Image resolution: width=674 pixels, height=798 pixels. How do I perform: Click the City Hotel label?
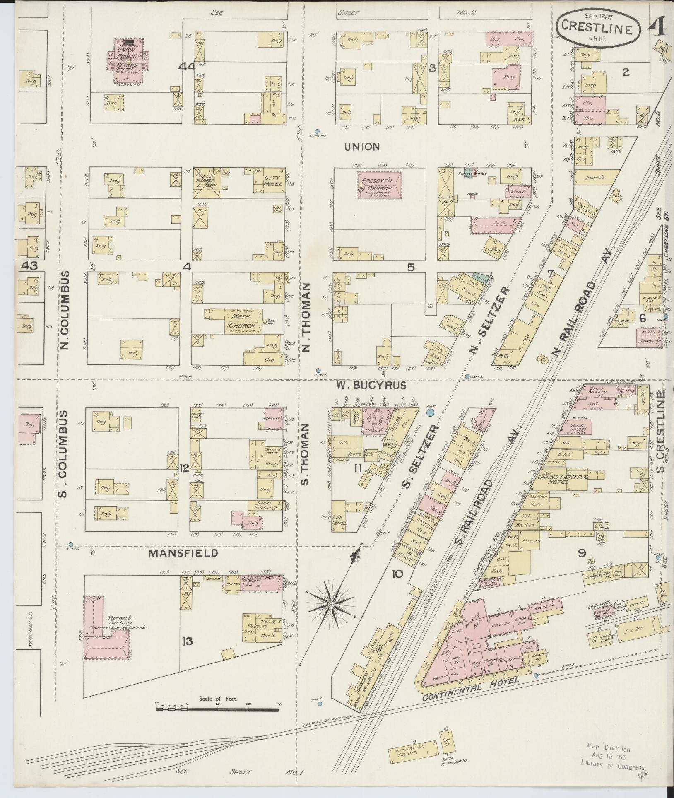(x=272, y=181)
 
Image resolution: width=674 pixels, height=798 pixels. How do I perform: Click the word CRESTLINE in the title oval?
(x=596, y=30)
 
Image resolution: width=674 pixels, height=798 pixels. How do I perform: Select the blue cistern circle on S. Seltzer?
(x=430, y=412)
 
